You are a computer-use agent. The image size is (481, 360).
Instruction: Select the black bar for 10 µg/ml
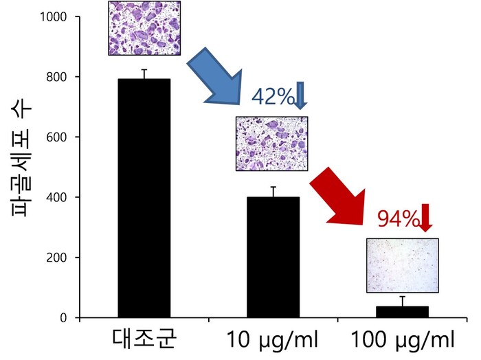[x=273, y=257]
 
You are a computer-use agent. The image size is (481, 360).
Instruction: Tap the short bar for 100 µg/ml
[x=403, y=312]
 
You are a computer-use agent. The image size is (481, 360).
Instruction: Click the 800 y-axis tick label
[x=58, y=77]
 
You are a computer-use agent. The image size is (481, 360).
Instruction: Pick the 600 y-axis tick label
[x=58, y=137]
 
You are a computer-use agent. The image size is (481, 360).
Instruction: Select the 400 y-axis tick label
[x=58, y=198]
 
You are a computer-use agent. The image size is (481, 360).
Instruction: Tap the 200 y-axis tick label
[x=58, y=258]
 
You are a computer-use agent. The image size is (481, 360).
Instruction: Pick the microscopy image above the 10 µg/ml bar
[x=271, y=143]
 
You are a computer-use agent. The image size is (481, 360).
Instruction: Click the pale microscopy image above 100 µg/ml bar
[x=402, y=265]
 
